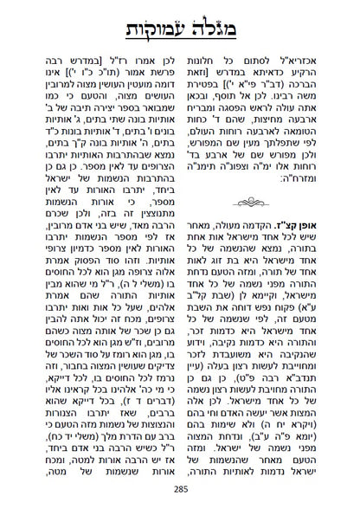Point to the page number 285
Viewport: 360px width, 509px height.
click(179, 493)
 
